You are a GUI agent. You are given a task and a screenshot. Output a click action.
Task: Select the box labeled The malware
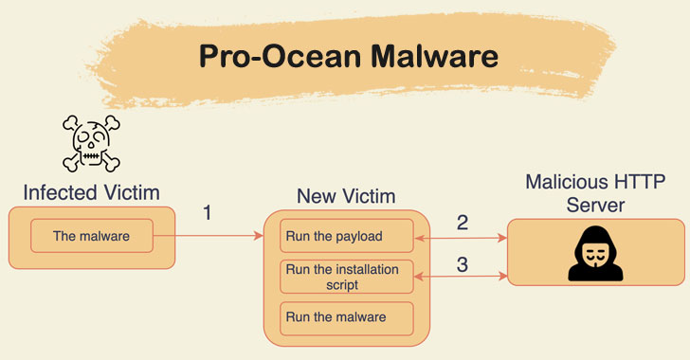click(92, 236)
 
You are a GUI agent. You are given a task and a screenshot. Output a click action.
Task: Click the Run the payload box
click(346, 235)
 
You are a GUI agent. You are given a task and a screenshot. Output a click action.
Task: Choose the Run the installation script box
click(346, 277)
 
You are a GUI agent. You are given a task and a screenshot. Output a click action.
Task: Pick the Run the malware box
click(346, 317)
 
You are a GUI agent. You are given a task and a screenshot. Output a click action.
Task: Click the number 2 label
click(463, 223)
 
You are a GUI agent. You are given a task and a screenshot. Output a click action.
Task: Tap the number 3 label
click(463, 264)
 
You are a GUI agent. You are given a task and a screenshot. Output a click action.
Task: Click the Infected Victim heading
click(92, 192)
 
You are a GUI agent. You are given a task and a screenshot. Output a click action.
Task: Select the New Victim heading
click(346, 196)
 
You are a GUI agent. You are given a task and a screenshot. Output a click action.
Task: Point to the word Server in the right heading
click(594, 204)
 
